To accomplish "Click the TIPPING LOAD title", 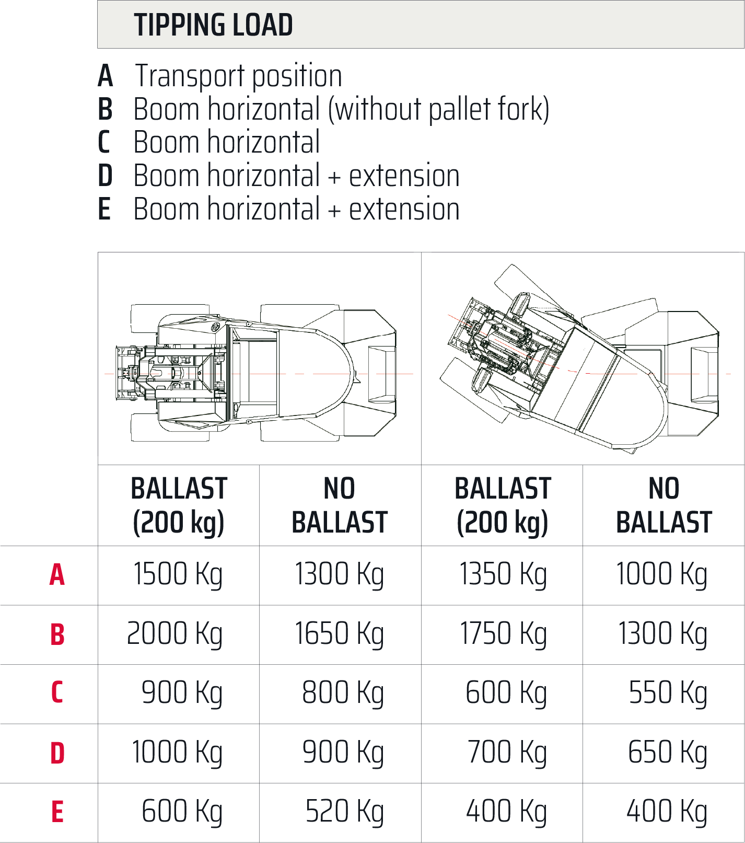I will (x=213, y=25).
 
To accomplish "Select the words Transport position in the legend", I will (x=239, y=76).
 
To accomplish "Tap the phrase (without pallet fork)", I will (x=439, y=109).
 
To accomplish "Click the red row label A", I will (x=57, y=575).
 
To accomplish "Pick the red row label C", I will (x=57, y=693).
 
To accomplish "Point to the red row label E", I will (x=57, y=812).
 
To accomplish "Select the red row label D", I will (x=57, y=753).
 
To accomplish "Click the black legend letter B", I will (x=105, y=109).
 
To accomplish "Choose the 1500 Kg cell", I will (x=178, y=575).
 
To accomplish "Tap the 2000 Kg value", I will (x=175, y=634).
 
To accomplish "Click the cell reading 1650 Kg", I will (x=340, y=634).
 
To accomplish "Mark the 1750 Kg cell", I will (x=503, y=634).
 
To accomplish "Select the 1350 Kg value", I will (x=503, y=575).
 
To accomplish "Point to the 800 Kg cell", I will (x=343, y=693).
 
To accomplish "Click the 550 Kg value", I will (x=668, y=693).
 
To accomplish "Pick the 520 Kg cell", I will (x=345, y=812).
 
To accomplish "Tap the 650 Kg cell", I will (x=668, y=753).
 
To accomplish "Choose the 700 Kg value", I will (x=507, y=753).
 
